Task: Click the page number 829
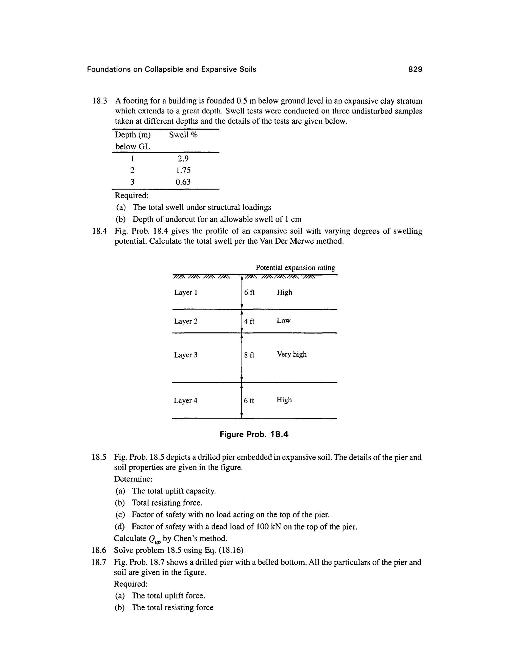(415, 69)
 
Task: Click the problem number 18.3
(100, 101)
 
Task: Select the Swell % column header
(183, 135)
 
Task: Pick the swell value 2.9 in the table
(183, 159)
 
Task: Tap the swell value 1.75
(183, 170)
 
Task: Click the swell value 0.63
(183, 182)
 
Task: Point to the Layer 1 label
(186, 292)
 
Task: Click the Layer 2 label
(186, 321)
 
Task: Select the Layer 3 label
(186, 355)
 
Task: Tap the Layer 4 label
(186, 400)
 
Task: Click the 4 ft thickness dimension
(249, 321)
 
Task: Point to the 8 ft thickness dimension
(249, 355)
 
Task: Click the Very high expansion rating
(292, 354)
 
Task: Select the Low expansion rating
(284, 321)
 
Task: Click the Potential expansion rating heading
(295, 268)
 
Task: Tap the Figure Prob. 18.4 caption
(254, 434)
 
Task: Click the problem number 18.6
(99, 550)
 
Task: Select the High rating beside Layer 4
(284, 400)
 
